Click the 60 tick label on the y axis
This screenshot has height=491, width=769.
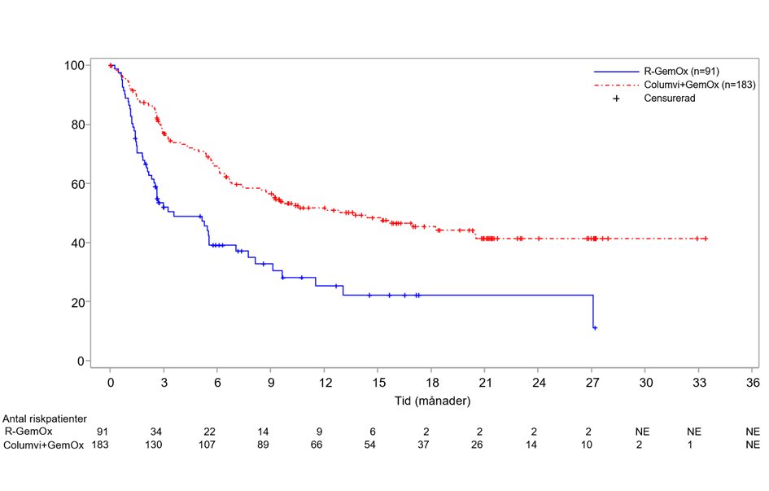(80, 184)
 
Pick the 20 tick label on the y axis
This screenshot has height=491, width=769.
(80, 302)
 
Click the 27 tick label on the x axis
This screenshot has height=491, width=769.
(592, 380)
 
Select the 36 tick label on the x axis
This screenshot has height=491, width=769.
(752, 380)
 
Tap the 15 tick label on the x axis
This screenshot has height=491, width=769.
(378, 380)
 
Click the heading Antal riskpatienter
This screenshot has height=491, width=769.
(45, 419)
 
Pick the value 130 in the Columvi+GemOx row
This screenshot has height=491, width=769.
(164, 445)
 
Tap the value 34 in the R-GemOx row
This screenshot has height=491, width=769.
(164, 432)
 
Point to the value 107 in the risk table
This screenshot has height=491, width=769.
(217, 445)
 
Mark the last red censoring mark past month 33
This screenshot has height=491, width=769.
(706, 239)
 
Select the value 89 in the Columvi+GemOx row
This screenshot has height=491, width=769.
(271, 445)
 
